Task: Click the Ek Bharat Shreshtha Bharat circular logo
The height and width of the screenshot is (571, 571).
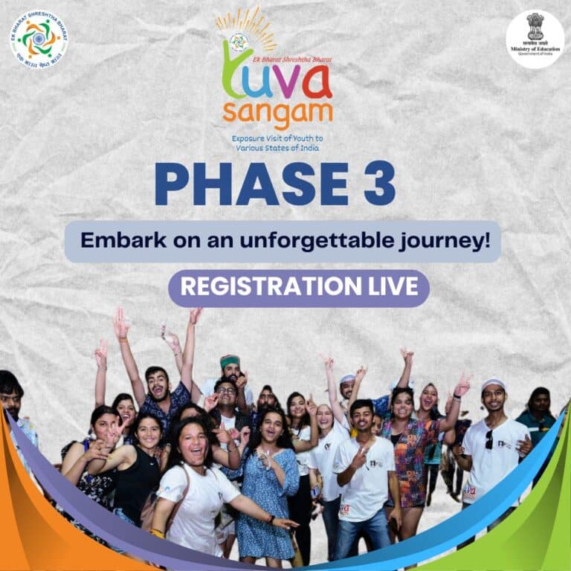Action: (39, 39)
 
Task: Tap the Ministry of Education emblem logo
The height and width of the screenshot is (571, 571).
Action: (535, 39)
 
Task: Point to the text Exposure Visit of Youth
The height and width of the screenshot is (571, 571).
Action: (277, 139)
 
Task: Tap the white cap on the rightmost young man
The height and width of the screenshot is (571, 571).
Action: (493, 385)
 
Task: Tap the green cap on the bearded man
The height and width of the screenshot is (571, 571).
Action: (230, 361)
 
